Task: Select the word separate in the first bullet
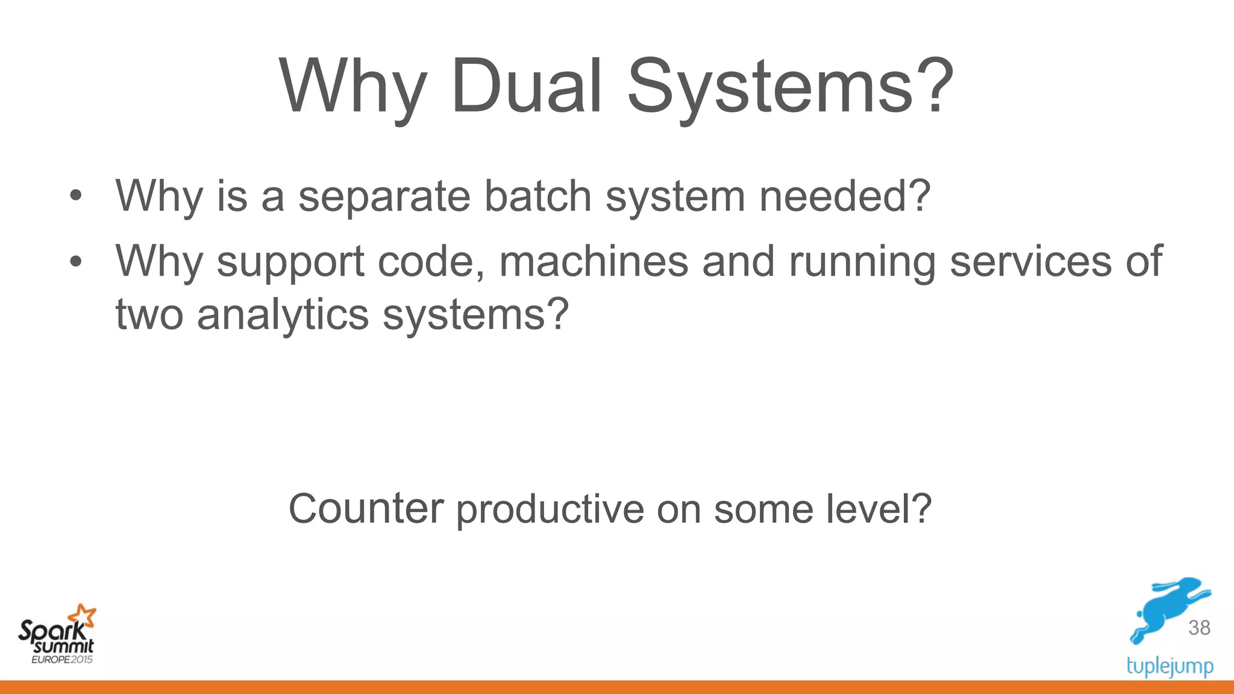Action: tap(384, 196)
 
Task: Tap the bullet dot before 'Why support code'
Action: tap(75, 261)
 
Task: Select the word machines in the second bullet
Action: tap(594, 261)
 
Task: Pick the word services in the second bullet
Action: tap(1031, 261)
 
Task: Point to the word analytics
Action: tap(283, 315)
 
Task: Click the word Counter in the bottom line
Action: tap(366, 509)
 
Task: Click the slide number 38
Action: tap(1199, 628)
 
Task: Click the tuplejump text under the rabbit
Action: tap(1170, 666)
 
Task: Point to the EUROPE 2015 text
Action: tap(62, 660)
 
